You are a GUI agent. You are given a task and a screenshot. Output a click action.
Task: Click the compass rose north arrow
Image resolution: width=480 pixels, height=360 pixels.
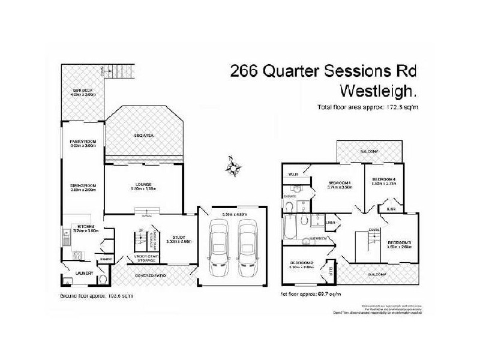pos(235,164)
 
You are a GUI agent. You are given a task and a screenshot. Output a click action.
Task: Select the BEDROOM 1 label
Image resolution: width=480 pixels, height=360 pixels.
pos(339,183)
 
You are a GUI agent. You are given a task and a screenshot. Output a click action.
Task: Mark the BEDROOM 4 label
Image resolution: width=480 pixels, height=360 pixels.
pos(383,180)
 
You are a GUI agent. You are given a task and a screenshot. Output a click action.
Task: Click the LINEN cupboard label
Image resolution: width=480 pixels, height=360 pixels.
pos(330,223)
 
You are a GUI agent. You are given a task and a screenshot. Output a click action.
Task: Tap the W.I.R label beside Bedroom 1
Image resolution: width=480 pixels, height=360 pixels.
pos(294,175)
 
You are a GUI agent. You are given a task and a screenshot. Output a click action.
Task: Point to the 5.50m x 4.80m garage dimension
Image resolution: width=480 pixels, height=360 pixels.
pos(234,214)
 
